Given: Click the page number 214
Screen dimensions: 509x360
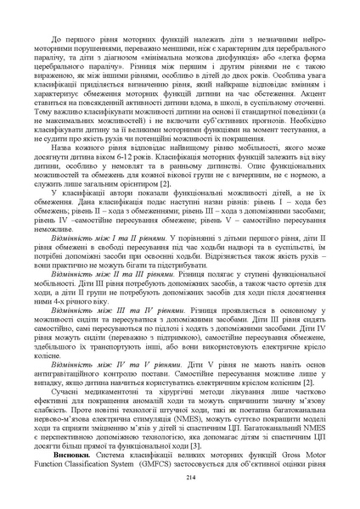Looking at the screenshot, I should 180,480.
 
